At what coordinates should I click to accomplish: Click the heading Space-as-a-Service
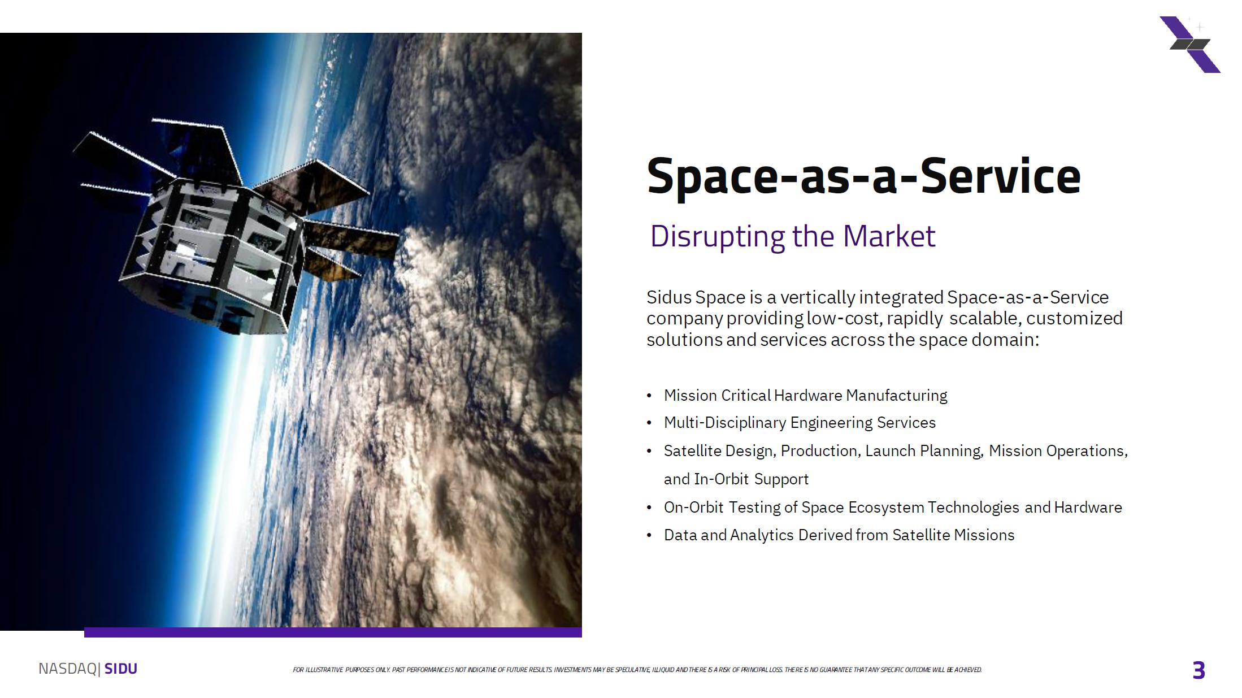tap(863, 176)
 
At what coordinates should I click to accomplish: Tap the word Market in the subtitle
tap(889, 236)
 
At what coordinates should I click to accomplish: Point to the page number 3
tap(1198, 670)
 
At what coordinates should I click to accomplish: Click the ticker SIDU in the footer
tap(121, 669)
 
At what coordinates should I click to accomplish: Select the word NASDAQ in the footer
tap(68, 669)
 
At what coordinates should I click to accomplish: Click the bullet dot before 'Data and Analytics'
tap(649, 536)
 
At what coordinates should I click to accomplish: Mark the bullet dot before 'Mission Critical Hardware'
tap(649, 396)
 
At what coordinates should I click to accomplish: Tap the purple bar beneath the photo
tap(333, 632)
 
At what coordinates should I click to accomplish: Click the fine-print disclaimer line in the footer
tap(637, 670)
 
